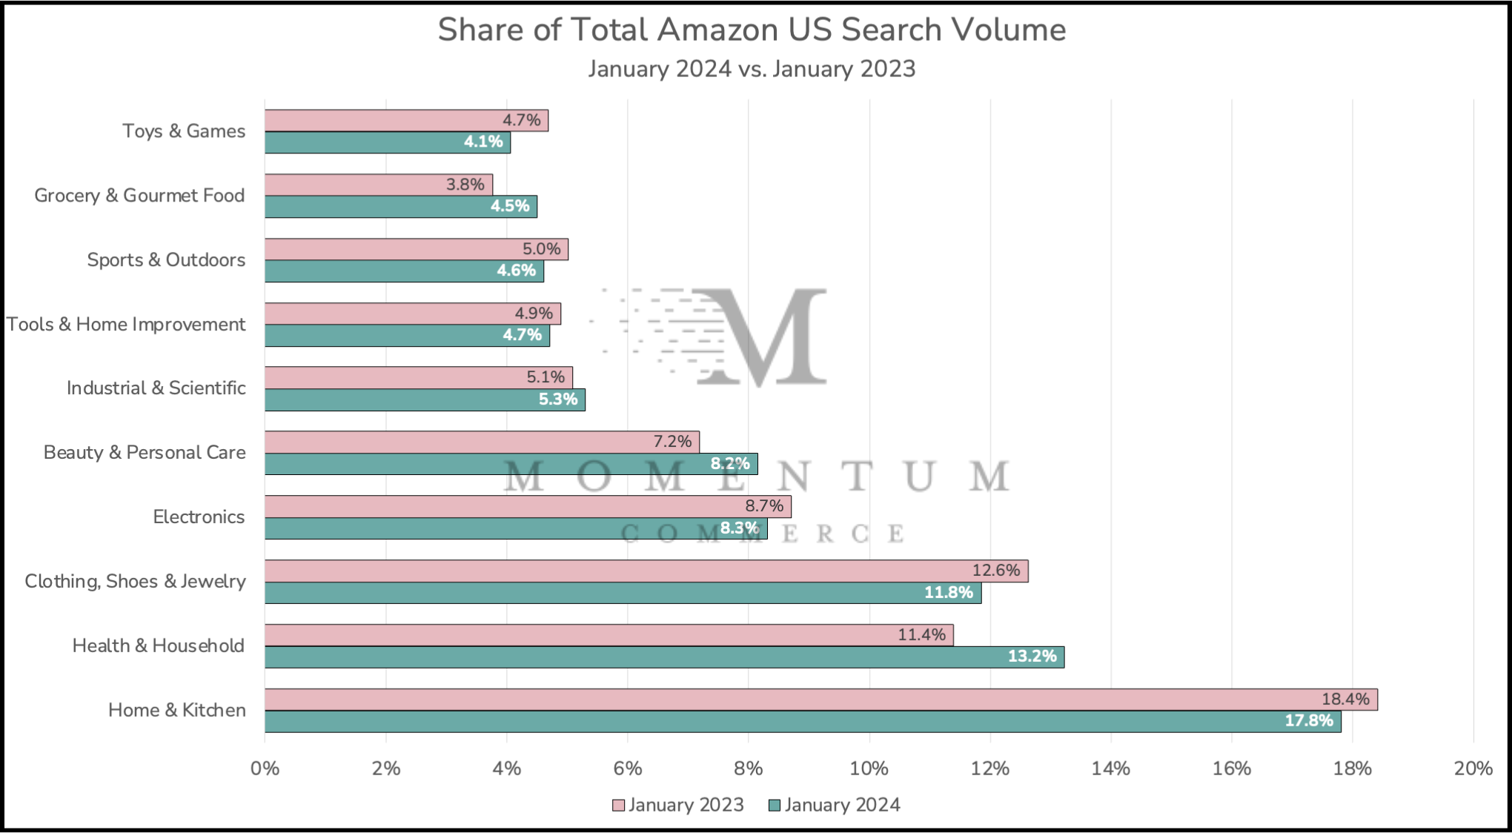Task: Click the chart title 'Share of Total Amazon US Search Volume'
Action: pos(752,30)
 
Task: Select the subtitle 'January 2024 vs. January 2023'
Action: pos(752,69)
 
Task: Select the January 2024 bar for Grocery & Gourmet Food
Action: pos(400,206)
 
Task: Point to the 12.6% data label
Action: pos(995,571)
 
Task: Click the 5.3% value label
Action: pos(557,399)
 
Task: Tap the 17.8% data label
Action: pos(1308,720)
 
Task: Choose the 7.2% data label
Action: pos(672,442)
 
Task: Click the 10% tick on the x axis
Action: pos(869,769)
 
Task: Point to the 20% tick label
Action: pos(1473,769)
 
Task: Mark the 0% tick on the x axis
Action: pos(265,769)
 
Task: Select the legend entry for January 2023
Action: pos(678,805)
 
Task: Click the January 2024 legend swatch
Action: pos(775,806)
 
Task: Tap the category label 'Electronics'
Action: pos(199,517)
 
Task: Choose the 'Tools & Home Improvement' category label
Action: pos(126,324)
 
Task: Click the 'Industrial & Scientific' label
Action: pos(156,388)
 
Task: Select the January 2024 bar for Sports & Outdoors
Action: pos(404,271)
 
